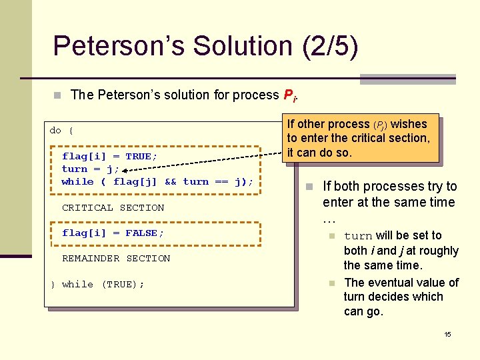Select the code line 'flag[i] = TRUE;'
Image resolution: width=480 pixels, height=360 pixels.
click(x=109, y=156)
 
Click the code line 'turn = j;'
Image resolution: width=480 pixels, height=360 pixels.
click(x=90, y=169)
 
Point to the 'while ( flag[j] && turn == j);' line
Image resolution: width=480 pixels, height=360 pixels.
click(x=157, y=181)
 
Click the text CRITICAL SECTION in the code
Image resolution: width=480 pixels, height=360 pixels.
click(x=113, y=207)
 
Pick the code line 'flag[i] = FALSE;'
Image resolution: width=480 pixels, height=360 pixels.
click(x=113, y=233)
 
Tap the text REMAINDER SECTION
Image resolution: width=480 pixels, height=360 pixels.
click(x=116, y=258)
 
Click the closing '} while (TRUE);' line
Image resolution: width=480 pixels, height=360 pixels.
click(x=97, y=284)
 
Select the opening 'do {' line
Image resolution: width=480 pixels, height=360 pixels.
click(x=61, y=130)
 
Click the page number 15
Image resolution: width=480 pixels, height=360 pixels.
click(x=448, y=333)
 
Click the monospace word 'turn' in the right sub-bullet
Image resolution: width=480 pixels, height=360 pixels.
click(x=358, y=236)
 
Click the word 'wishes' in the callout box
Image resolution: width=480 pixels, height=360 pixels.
click(x=409, y=124)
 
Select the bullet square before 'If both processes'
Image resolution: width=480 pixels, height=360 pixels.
click(x=309, y=187)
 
